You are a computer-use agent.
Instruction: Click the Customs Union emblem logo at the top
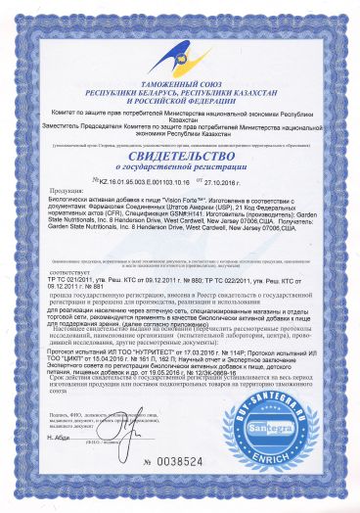(x=181, y=40)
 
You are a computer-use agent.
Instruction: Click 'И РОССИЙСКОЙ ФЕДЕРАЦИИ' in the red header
(x=180, y=103)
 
